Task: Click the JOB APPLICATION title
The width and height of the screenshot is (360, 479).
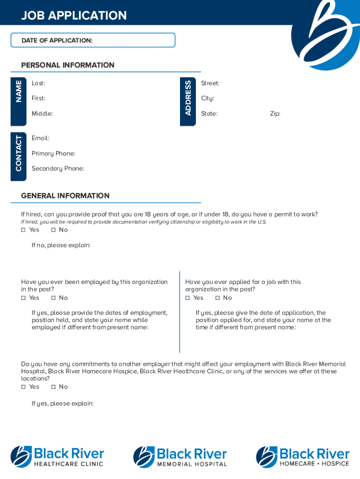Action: point(74,15)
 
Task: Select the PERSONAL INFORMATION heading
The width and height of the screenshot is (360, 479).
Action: point(68,65)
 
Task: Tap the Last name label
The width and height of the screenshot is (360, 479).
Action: point(38,83)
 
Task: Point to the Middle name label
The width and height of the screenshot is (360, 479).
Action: point(42,114)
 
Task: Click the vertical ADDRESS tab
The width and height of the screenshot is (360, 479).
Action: point(187,97)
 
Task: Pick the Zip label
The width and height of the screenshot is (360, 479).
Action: point(275,114)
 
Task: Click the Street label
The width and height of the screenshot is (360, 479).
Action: point(210,83)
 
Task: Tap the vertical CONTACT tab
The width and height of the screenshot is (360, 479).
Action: point(19,153)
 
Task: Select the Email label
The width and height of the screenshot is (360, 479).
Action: point(40,138)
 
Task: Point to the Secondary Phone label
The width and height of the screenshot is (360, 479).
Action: point(58,168)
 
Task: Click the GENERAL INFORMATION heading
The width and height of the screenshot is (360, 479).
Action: point(65,196)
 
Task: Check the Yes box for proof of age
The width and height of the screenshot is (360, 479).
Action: point(23,230)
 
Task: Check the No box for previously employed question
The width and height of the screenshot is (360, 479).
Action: point(53,298)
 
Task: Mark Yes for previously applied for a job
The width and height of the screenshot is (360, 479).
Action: point(187,298)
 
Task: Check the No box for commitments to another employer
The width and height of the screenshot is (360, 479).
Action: point(53,387)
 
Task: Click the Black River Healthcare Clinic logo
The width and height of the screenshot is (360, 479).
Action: point(57,457)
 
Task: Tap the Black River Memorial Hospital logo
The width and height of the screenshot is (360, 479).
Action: point(180,457)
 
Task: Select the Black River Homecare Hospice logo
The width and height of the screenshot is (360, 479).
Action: point(302,457)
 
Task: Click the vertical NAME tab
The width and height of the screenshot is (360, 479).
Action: point(19,91)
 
